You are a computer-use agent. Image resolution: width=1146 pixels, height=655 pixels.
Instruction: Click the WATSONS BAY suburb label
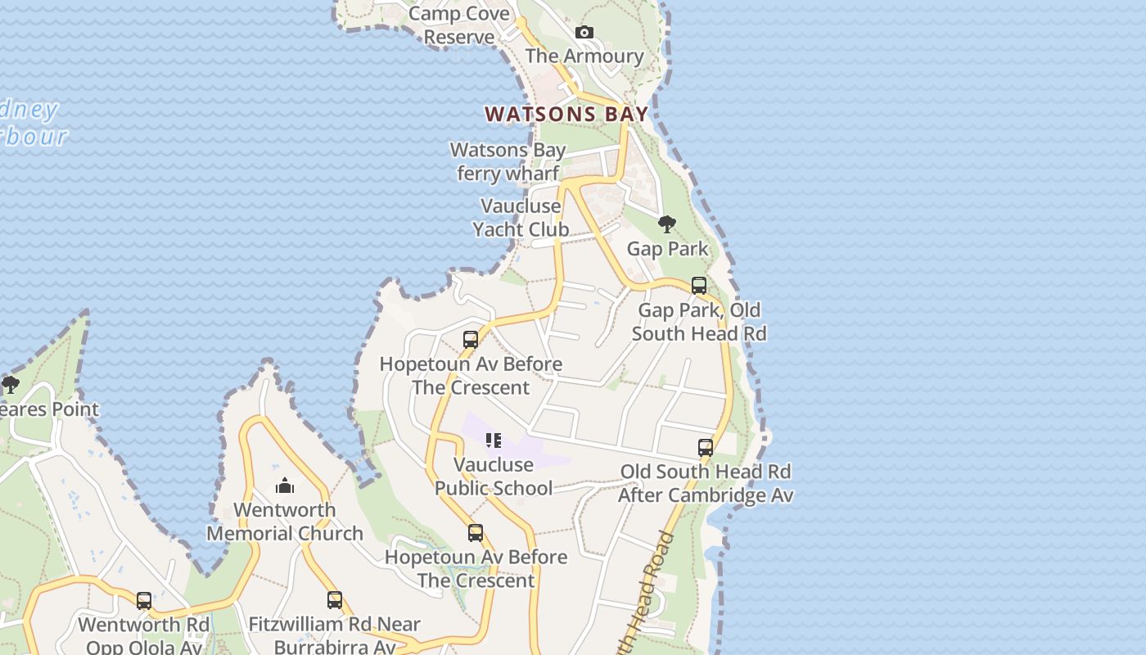(x=566, y=114)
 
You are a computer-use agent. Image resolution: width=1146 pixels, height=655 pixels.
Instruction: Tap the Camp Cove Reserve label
(x=458, y=25)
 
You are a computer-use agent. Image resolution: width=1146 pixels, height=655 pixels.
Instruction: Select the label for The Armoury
(x=584, y=56)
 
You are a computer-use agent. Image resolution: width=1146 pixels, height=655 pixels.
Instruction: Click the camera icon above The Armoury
(x=584, y=33)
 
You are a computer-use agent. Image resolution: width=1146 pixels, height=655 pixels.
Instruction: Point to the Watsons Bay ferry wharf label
(x=508, y=161)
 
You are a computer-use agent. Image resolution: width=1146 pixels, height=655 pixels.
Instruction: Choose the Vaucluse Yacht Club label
(x=521, y=218)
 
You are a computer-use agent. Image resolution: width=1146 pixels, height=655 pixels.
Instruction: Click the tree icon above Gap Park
(x=667, y=224)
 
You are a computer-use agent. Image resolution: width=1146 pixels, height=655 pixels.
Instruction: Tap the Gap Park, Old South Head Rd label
(x=699, y=322)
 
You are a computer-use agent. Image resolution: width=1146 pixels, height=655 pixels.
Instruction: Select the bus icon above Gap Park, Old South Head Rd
(x=699, y=286)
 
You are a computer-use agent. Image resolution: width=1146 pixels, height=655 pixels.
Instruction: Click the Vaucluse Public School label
(x=493, y=476)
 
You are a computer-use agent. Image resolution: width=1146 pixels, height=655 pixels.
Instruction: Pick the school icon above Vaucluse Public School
(x=493, y=440)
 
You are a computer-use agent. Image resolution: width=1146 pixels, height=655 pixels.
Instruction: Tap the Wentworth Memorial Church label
(x=285, y=522)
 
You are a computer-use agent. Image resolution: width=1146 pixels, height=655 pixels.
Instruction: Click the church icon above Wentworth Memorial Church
(x=285, y=486)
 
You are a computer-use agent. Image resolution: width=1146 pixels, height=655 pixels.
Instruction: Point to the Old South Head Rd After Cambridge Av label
(x=705, y=483)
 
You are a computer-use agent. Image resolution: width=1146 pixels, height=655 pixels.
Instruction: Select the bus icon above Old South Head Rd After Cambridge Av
(x=706, y=448)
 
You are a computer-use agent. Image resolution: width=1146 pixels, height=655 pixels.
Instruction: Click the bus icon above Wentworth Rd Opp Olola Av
(x=144, y=601)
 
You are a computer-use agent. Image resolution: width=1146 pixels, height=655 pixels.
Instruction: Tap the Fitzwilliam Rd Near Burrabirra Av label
(x=334, y=635)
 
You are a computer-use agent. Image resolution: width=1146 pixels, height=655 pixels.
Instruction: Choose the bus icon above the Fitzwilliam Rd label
(x=334, y=600)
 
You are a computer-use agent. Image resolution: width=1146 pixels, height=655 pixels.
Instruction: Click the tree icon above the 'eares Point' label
(x=10, y=384)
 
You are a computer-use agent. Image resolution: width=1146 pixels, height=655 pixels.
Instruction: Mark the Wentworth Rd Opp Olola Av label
(x=144, y=635)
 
